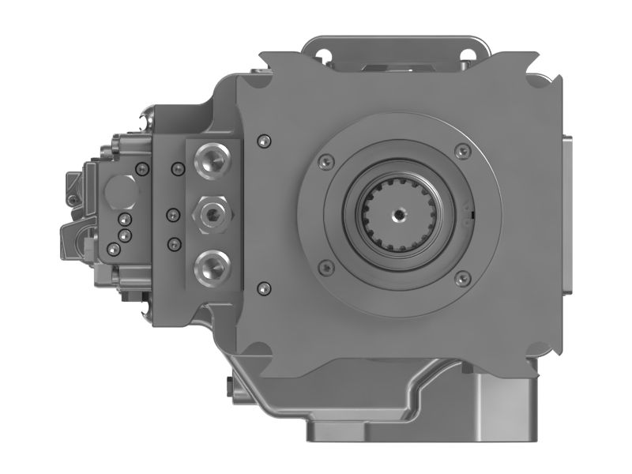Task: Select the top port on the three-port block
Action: pyautogui.click(x=211, y=161)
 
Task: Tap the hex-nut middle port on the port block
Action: pyautogui.click(x=211, y=213)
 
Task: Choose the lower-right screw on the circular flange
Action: pyautogui.click(x=464, y=276)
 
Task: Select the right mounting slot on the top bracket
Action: pyautogui.click(x=466, y=55)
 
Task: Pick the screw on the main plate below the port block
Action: pyautogui.click(x=264, y=287)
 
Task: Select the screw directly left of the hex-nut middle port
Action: pyautogui.click(x=174, y=213)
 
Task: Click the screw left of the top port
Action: pyautogui.click(x=176, y=167)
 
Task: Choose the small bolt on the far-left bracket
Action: pyautogui.click(x=73, y=200)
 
